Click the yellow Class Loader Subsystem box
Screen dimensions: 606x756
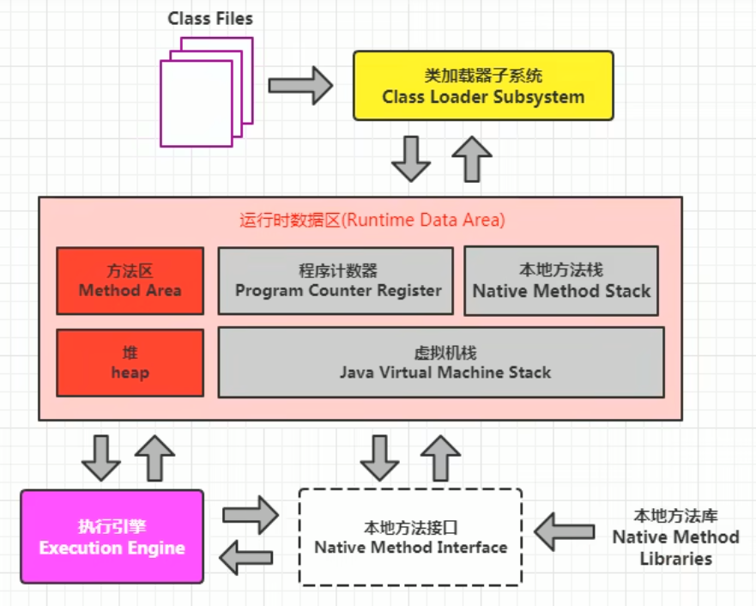[483, 85]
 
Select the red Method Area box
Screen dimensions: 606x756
[130, 281]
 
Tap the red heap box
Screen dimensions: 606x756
[130, 362]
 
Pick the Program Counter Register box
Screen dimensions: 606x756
[335, 281]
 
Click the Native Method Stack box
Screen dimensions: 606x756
[561, 281]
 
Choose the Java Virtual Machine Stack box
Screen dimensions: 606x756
[441, 362]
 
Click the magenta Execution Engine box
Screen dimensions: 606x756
[112, 536]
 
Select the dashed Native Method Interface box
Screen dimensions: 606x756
[410, 536]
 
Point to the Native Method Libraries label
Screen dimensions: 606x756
[675, 536]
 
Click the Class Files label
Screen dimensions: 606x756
[210, 18]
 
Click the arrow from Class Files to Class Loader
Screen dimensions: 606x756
[299, 86]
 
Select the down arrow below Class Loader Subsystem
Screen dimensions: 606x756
[411, 158]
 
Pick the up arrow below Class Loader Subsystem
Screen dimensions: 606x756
[471, 158]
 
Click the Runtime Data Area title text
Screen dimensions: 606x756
[372, 220]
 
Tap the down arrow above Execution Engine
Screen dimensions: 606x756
[101, 458]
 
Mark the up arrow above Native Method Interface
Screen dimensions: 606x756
[440, 458]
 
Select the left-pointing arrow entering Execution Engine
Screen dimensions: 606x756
[247, 558]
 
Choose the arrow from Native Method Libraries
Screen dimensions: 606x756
[564, 532]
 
